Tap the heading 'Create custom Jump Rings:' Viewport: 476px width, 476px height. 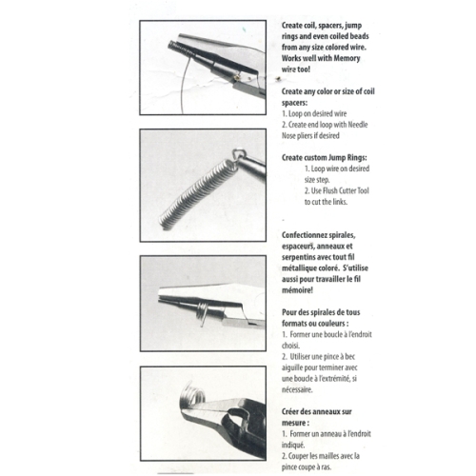pyautogui.click(x=325, y=158)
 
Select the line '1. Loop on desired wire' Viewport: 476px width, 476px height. pyautogui.click(x=314, y=113)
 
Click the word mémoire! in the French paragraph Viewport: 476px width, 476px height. pyautogui.click(x=297, y=290)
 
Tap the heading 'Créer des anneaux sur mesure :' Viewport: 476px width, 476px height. pyautogui.click(x=317, y=417)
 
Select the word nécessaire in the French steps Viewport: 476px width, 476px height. pyautogui.click(x=297, y=389)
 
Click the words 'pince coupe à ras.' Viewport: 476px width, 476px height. pyautogui.click(x=307, y=467)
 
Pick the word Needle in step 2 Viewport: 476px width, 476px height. pyautogui.click(x=358, y=125)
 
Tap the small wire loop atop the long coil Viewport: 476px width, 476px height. pyautogui.click(x=237, y=155)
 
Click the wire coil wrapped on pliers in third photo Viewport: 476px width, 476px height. pyautogui.click(x=202, y=312)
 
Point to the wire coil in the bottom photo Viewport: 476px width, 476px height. pyautogui.click(x=192, y=395)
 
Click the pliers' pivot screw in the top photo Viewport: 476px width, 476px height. pyautogui.click(x=236, y=76)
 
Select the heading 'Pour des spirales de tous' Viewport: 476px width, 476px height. pyautogui.click(x=321, y=312)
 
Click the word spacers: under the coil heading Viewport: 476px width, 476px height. pyautogui.click(x=294, y=103)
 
